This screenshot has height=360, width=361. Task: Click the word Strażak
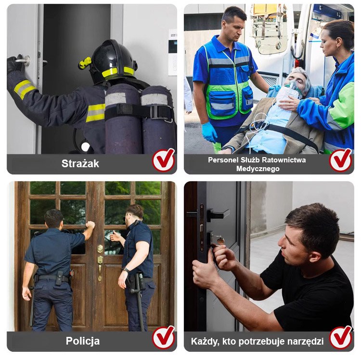tap(80, 163)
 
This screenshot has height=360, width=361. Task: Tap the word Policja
tap(83, 341)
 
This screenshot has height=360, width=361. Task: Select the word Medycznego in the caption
tap(258, 169)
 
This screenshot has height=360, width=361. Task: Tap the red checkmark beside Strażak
tap(164, 160)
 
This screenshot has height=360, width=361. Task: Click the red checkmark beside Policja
tap(164, 337)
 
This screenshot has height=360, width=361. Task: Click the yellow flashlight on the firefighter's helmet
tap(85, 63)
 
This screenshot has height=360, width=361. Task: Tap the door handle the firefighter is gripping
tap(24, 60)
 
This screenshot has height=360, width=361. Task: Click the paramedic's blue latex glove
tap(209, 132)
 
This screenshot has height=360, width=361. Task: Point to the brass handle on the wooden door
tap(100, 268)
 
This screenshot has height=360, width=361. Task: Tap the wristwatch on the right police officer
tap(126, 270)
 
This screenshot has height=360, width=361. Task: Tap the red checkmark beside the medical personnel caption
tap(341, 160)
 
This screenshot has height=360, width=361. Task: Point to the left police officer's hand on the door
tap(90, 225)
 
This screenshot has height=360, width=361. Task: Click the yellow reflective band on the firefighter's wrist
tap(25, 89)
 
